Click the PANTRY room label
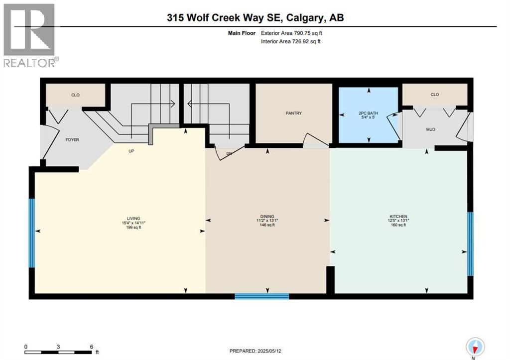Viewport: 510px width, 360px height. tap(293, 113)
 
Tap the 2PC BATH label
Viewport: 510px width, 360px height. tap(369, 113)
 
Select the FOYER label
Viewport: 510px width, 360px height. tap(72, 139)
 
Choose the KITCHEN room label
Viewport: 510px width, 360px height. tap(398, 216)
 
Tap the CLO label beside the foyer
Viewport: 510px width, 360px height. tap(75, 95)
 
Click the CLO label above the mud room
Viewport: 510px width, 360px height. tap(435, 95)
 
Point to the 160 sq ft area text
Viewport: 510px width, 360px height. tap(398, 225)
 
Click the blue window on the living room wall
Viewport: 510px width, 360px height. tap(32, 233)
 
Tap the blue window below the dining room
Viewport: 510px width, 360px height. tap(262, 296)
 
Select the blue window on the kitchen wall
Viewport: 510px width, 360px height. tap(470, 244)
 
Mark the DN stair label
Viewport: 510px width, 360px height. tap(229, 153)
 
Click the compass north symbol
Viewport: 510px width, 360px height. tap(475, 347)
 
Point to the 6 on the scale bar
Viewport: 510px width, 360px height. tap(91, 347)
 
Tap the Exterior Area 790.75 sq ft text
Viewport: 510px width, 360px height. tap(295, 33)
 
